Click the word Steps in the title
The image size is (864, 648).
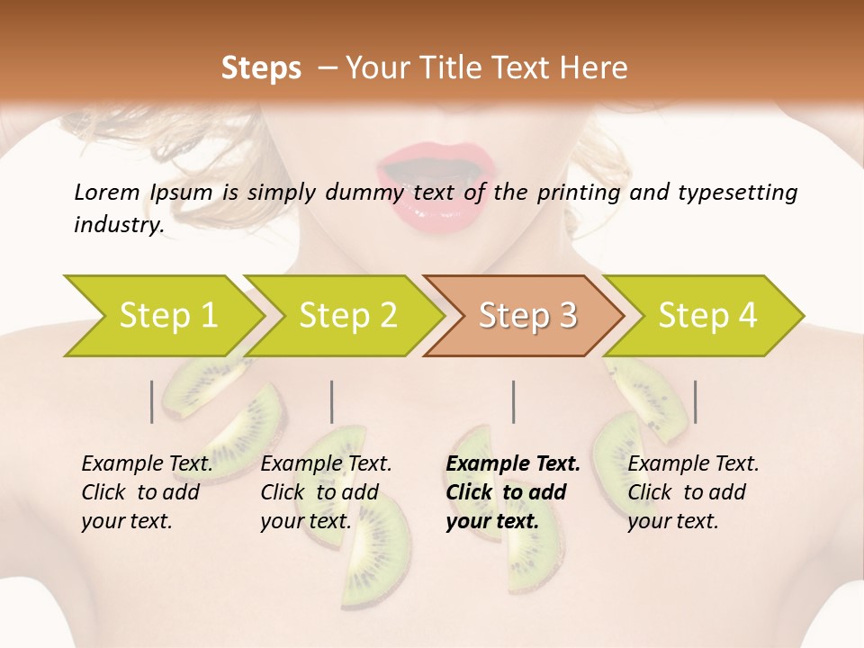pos(261,68)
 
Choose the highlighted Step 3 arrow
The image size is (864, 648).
pos(526,316)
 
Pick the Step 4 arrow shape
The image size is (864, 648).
pos(706,316)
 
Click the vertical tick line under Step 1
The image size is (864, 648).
pos(151,401)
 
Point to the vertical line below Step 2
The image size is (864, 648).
pos(332,401)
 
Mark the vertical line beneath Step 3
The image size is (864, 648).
pos(514,401)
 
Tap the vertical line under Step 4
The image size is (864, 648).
pos(695,401)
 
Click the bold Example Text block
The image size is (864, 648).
pos(512,492)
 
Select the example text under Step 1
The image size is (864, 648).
pos(147,492)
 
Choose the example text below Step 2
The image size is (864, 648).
pos(326,492)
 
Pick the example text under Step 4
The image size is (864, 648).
pos(693,492)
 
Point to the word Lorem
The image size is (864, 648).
pos(107,192)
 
